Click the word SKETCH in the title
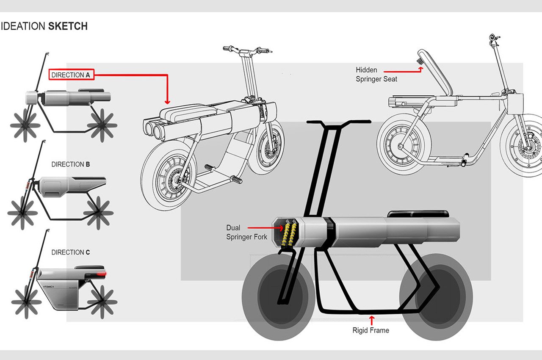click(x=68, y=26)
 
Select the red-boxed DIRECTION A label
click(x=71, y=75)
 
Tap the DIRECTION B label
click(x=70, y=164)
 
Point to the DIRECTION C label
click(x=70, y=252)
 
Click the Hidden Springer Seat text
click(x=376, y=75)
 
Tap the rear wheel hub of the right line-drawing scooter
click(x=400, y=136)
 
